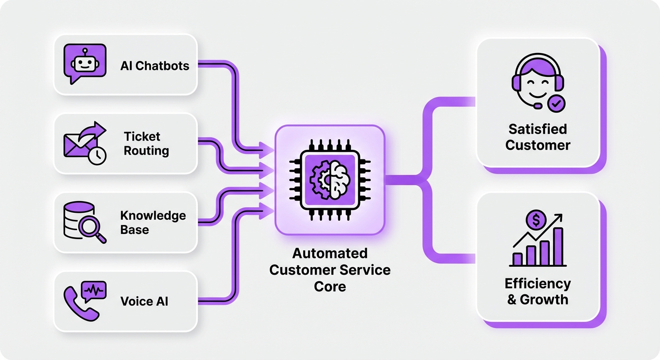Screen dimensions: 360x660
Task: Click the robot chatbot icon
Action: [x=84, y=64]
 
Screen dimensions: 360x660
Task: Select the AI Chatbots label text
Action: [x=155, y=66]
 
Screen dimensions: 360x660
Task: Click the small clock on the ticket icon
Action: [x=97, y=156]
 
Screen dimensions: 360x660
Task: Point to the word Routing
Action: [x=146, y=151]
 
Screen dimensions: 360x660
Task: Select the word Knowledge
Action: [x=153, y=216]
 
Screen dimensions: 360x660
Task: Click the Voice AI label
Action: [x=144, y=301]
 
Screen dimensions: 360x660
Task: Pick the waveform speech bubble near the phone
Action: [x=94, y=291]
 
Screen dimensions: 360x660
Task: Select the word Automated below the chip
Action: [x=330, y=254]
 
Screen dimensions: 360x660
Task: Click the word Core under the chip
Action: [x=330, y=286]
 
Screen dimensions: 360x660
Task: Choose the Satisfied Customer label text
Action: [x=538, y=137]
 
